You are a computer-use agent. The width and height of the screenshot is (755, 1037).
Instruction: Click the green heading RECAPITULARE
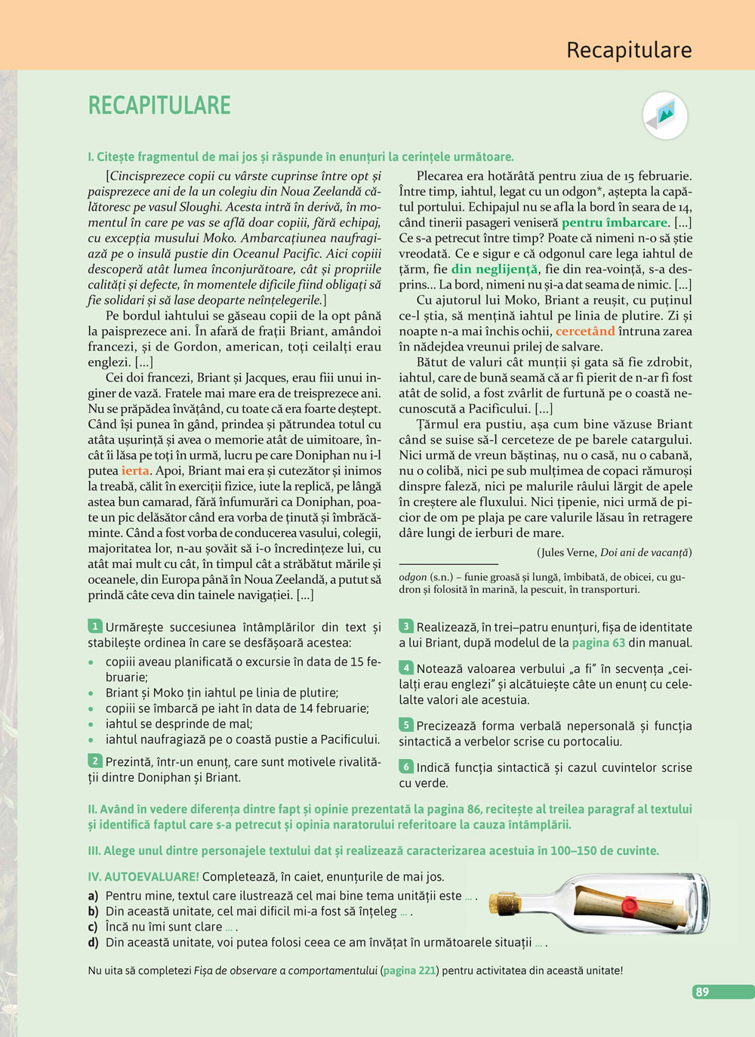(159, 105)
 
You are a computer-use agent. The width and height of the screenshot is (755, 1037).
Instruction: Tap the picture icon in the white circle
(665, 116)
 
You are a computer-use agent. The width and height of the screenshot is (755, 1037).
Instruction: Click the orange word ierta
(136, 471)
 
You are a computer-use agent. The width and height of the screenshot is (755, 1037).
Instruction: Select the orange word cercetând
(585, 331)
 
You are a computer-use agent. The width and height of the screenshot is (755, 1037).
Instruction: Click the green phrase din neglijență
(495, 269)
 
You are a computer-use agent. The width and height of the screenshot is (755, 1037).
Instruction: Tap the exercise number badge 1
(95, 626)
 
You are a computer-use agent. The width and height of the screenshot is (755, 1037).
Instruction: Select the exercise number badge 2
(95, 761)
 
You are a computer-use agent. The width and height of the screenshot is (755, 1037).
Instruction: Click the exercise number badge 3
(406, 626)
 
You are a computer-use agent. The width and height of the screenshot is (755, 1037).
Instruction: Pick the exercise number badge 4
(406, 668)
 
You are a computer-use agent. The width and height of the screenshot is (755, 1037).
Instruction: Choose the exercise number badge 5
(406, 725)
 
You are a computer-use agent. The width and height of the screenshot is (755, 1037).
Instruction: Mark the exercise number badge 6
(406, 767)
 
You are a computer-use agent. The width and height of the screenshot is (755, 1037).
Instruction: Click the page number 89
(702, 992)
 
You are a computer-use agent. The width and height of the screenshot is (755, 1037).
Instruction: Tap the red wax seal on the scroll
(627, 904)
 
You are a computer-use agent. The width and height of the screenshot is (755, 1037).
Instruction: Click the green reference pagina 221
(410, 971)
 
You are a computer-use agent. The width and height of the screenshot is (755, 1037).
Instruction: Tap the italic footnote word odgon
(412, 577)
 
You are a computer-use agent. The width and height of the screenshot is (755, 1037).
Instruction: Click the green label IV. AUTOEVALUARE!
(143, 877)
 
